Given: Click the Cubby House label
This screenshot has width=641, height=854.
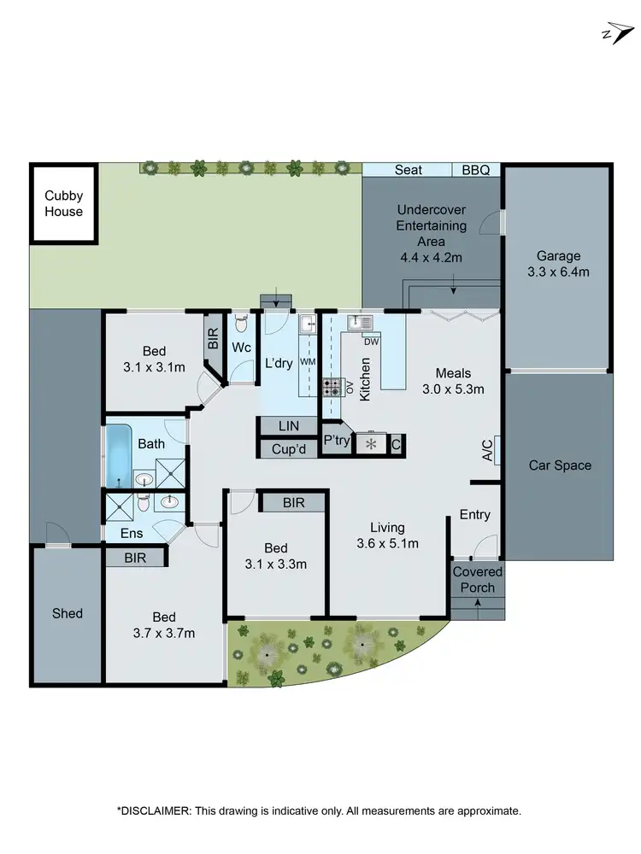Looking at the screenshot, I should pos(64,203).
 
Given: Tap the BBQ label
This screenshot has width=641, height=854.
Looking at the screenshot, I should pos(475,170).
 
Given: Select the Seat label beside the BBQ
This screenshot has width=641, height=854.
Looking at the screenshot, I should pos(408,170).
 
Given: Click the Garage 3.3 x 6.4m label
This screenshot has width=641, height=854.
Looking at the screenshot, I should pos(557,263).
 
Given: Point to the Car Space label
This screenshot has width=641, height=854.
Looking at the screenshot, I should pos(560,465).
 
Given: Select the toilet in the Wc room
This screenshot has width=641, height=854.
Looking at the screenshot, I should pos(242,325).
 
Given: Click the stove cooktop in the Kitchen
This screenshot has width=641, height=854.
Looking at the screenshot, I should pos(332,386).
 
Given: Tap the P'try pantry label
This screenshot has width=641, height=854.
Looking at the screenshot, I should pos(333,442).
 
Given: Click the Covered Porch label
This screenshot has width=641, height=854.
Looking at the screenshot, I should pos(478,579).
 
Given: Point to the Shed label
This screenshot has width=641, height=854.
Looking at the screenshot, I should pos(67,613).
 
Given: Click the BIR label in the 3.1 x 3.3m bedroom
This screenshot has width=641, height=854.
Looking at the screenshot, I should pos(293,503).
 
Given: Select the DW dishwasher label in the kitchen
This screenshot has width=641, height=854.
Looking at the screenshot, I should pos(371,342).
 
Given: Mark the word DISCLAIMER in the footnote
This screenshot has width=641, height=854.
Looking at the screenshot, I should pos(157,810).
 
